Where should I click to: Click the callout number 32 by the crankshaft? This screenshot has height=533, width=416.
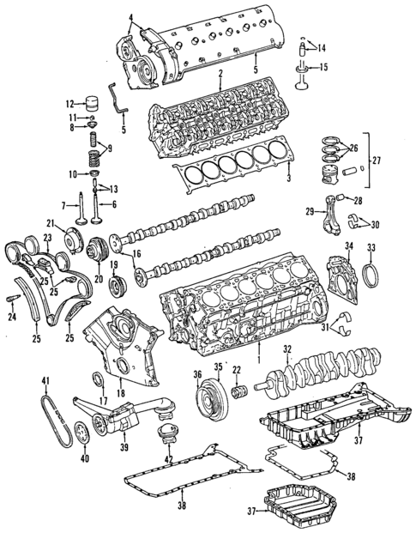pos(288,349)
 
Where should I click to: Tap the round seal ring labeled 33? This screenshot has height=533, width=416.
pos(371,277)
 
